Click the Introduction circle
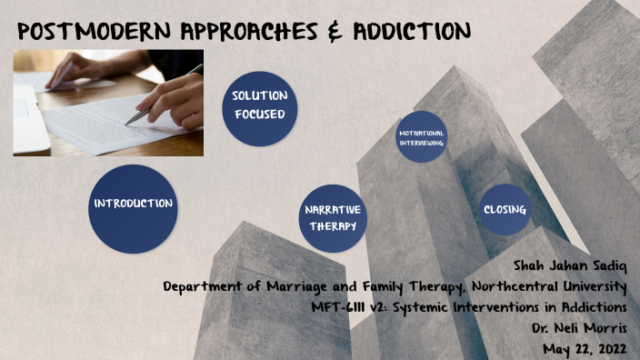133,203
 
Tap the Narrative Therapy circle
333,217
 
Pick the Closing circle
505,210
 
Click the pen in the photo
159,99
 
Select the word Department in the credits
201,286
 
